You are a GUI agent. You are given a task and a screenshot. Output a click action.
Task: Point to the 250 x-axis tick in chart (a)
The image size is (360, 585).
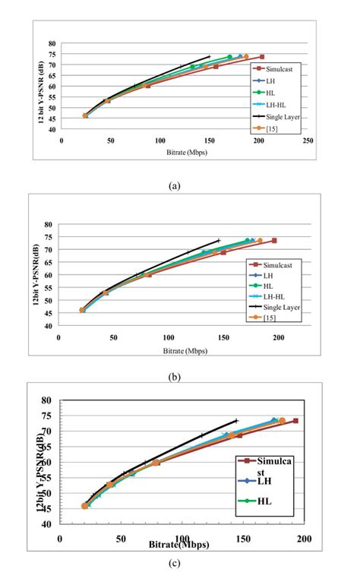(308, 141)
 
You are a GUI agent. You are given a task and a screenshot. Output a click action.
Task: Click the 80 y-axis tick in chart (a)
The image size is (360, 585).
(53, 43)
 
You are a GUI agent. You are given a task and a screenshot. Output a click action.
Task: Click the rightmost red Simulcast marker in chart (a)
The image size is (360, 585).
(262, 56)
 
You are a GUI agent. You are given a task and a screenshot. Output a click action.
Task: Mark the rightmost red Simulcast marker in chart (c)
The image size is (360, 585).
(295, 421)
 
